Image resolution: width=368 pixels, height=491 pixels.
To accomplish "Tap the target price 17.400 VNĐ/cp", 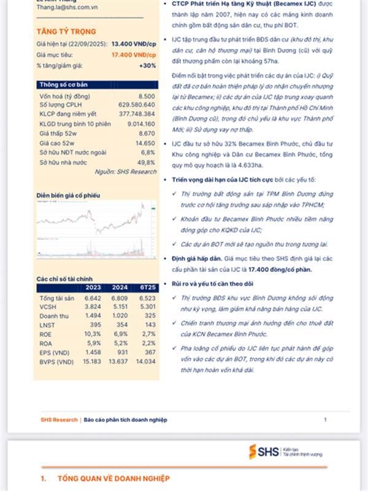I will tap(132, 55).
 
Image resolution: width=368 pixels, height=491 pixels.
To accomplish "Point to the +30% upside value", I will tap(147, 65).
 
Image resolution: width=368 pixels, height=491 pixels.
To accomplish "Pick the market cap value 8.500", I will tap(147, 97).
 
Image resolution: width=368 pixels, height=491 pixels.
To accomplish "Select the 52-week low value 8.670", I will tap(147, 132).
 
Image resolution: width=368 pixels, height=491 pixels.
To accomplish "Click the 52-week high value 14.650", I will tap(145, 142).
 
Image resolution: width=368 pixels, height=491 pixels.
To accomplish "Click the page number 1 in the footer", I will tap(325, 420).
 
